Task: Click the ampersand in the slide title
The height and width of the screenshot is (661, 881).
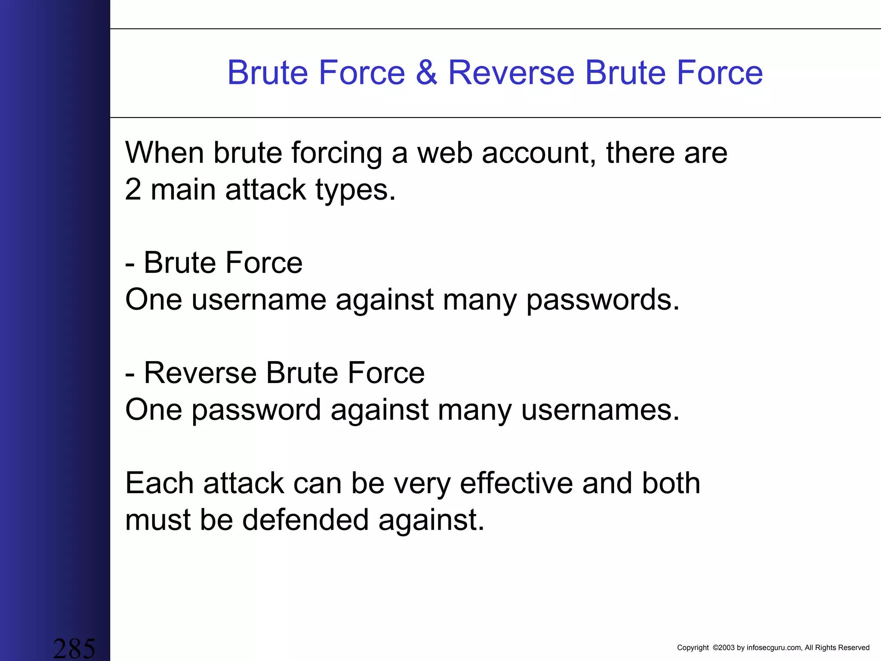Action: (426, 72)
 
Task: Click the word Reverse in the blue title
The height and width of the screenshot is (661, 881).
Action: (511, 72)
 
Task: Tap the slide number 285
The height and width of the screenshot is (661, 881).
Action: (74, 648)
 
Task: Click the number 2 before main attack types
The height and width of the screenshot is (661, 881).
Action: (133, 189)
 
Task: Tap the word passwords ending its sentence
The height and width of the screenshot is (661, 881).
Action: (603, 300)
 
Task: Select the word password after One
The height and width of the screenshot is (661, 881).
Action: (256, 410)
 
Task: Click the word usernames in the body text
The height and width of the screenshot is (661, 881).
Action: (600, 410)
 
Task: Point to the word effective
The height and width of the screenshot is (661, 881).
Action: (516, 483)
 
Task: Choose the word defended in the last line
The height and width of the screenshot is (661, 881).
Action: (305, 519)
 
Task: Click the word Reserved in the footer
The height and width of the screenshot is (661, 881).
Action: (853, 648)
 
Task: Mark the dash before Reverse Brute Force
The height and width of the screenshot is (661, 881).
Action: (130, 374)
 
